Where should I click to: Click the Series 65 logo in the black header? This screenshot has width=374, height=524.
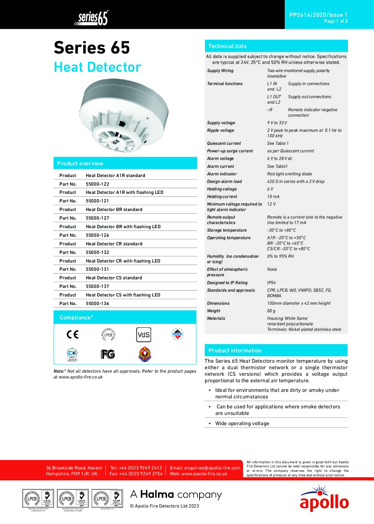(x=91, y=18)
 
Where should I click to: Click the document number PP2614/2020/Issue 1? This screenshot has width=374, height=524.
(x=318, y=15)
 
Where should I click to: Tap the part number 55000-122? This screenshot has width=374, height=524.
(x=98, y=184)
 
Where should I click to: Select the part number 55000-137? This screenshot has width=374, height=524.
(x=98, y=286)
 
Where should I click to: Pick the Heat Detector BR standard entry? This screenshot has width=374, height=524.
(x=114, y=209)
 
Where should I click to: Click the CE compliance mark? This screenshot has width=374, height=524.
(x=72, y=334)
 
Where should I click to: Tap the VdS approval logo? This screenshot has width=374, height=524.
(x=144, y=335)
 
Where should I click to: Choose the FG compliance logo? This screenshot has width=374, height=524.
(x=108, y=354)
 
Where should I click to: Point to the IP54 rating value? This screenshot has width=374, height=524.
(x=271, y=283)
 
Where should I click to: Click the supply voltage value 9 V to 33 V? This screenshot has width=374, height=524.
(x=277, y=123)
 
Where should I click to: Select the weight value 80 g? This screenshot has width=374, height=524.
(x=271, y=311)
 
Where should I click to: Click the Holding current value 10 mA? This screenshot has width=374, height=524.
(x=273, y=197)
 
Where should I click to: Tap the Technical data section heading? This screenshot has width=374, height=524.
(x=227, y=46)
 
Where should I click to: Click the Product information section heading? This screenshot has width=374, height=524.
(x=235, y=350)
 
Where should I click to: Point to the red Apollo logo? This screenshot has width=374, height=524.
(x=324, y=498)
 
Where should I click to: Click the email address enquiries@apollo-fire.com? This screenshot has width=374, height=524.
(x=212, y=468)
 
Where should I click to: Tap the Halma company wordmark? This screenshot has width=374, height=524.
(x=176, y=495)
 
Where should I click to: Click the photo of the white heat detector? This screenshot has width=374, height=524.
(x=123, y=116)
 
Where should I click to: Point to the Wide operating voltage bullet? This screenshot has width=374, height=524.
(x=242, y=423)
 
